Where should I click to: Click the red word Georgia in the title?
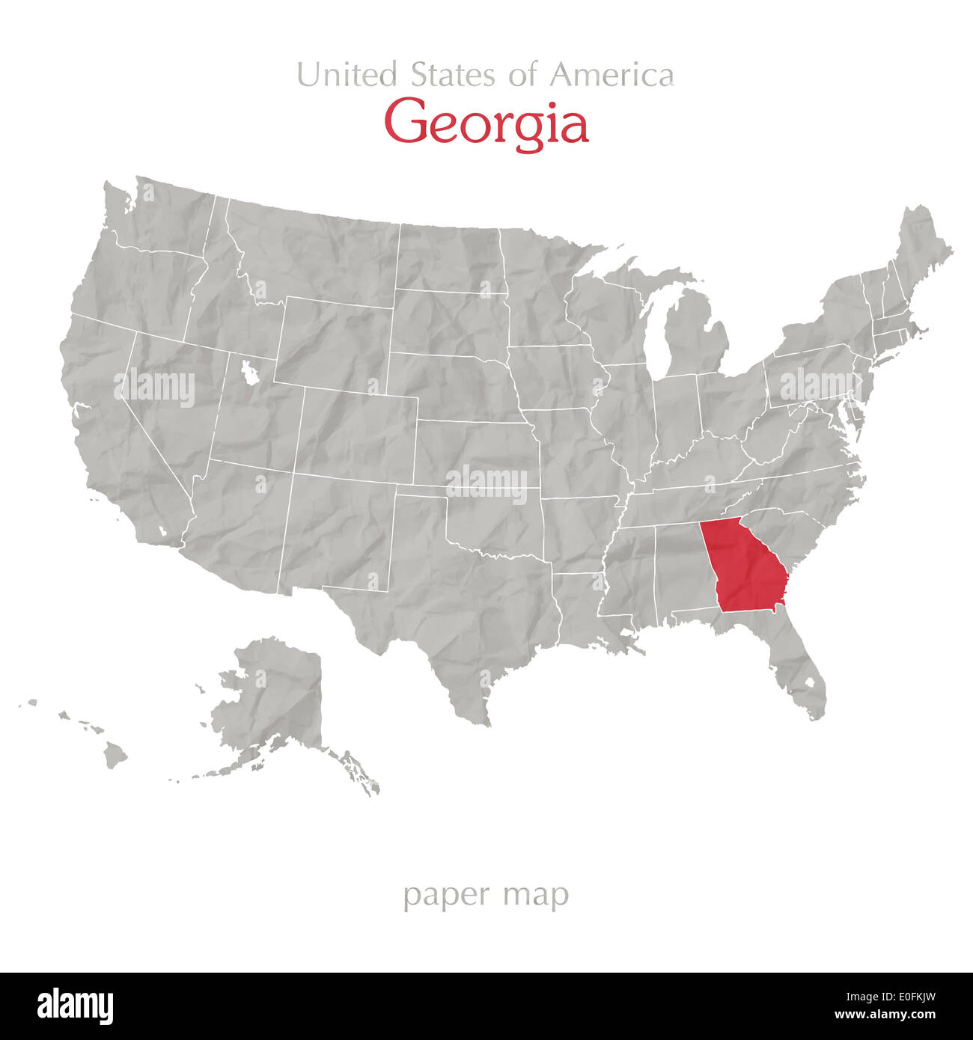[x=486, y=123]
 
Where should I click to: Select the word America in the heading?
[x=611, y=75]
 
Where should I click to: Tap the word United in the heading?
[x=347, y=75]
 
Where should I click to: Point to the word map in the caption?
[x=536, y=896]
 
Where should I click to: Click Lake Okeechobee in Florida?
[x=808, y=683]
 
